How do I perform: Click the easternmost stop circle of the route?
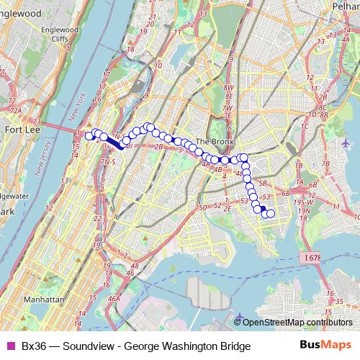click(271, 213)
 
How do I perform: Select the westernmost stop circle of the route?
click(89, 135)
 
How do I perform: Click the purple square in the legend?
click(10, 347)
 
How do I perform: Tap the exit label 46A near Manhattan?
click(114, 298)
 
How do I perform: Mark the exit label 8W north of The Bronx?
click(229, 87)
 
